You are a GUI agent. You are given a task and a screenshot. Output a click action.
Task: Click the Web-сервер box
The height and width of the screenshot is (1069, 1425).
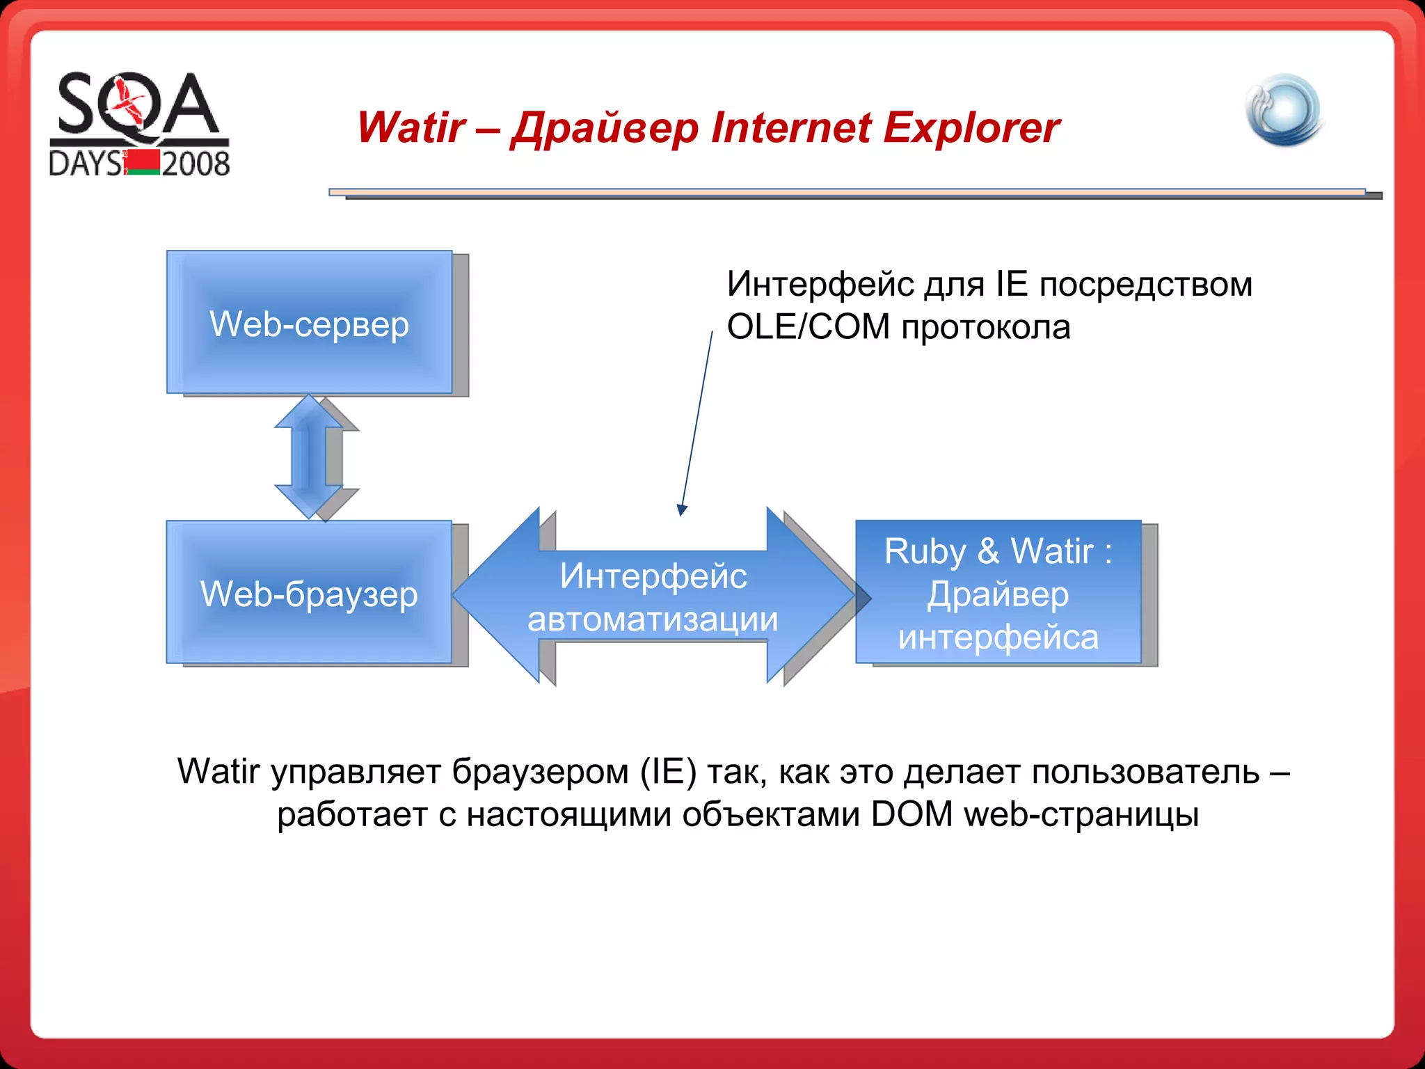tap(309, 322)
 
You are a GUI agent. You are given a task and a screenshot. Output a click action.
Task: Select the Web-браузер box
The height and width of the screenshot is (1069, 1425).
tap(309, 592)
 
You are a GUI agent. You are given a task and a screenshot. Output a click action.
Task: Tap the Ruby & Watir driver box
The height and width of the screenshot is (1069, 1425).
tap(998, 592)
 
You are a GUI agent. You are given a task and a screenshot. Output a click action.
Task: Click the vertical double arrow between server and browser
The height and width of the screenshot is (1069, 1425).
tap(308, 457)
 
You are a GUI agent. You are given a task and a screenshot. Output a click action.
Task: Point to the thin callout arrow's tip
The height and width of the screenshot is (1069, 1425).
tap(681, 514)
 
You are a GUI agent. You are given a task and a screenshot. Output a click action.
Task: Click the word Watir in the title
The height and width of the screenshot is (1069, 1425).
tap(411, 128)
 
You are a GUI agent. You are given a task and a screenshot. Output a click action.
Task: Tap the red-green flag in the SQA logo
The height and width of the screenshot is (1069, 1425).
tap(143, 162)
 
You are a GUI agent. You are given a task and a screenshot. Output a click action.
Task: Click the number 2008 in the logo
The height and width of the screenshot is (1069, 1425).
tap(196, 164)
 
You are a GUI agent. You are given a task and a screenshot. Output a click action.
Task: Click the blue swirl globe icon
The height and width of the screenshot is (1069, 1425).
tap(1284, 111)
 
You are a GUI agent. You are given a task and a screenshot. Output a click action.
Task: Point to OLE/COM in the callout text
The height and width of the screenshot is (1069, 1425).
tap(808, 327)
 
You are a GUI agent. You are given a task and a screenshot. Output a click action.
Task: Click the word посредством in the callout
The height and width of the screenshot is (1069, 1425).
tap(1145, 284)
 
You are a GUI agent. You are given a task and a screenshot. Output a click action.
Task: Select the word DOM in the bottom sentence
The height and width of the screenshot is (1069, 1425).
tap(911, 814)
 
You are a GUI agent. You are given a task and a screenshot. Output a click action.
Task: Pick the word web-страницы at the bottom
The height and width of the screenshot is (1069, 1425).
tap(1081, 814)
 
